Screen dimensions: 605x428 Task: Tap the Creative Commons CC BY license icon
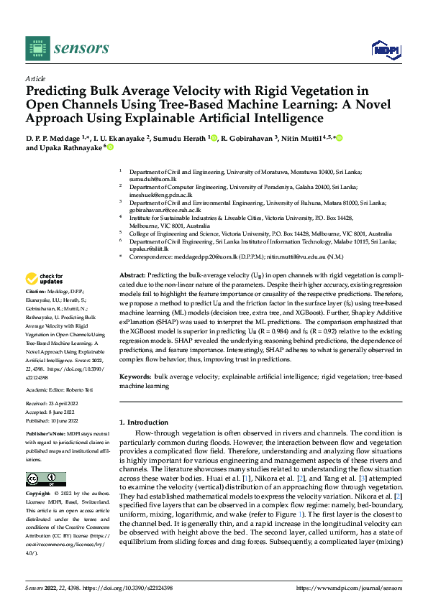[x=45, y=479]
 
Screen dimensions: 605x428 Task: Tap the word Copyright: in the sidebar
[x=37, y=496]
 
